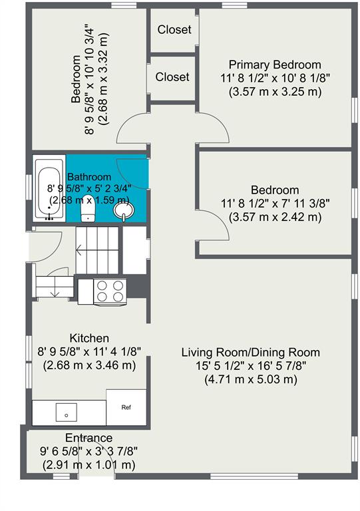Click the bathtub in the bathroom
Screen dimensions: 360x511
pos(49,189)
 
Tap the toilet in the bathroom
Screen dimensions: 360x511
pos(88,208)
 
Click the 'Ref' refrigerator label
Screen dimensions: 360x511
pos(126,407)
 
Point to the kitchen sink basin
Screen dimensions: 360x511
pos(66,413)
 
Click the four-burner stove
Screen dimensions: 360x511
pos(110,291)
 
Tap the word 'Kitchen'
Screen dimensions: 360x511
pos(89,338)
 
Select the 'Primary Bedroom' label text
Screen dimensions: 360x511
pos(275,65)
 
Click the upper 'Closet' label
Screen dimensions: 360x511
pos(174,30)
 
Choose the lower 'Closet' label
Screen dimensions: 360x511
pos(172,77)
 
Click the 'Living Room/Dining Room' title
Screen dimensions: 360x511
pos(250,352)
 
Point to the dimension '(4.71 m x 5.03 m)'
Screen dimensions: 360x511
pos(250,379)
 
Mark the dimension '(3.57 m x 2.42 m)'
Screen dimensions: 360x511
pos(275,217)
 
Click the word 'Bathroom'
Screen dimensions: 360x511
pos(89,177)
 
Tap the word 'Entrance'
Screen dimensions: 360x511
pos(89,438)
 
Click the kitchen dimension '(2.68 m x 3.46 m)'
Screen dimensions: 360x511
pos(89,365)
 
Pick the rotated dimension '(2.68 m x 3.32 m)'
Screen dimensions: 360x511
pos(103,79)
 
